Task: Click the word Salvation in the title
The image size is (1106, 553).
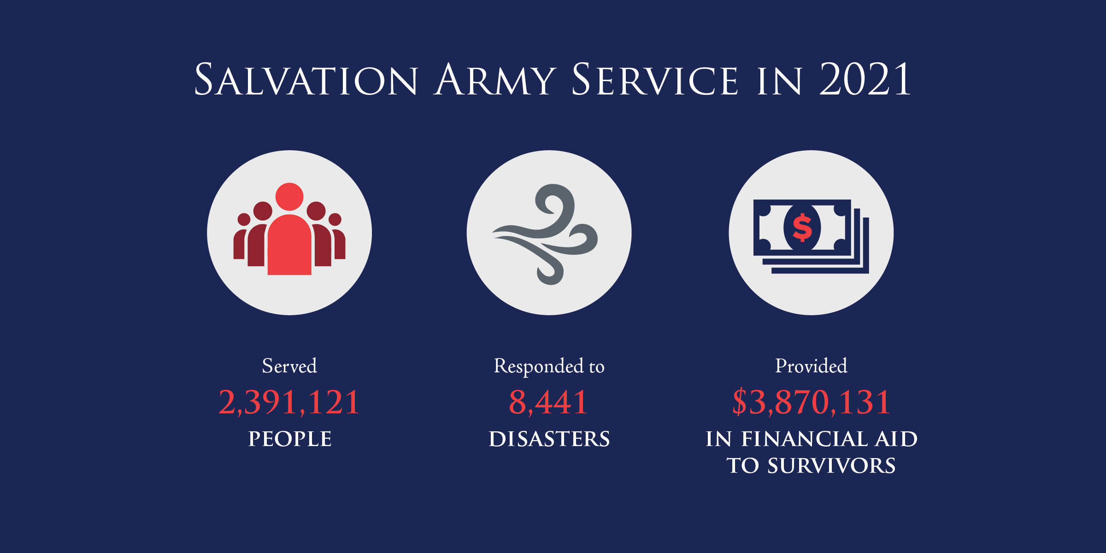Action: click(x=306, y=80)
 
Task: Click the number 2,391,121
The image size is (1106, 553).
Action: click(x=289, y=402)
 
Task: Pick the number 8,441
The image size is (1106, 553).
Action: click(x=548, y=402)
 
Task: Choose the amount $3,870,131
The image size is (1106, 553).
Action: click(x=811, y=402)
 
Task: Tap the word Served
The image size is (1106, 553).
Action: click(x=289, y=366)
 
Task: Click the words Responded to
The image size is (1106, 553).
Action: click(x=549, y=367)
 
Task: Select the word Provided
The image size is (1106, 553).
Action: click(x=811, y=366)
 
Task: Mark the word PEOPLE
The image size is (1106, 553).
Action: click(x=290, y=439)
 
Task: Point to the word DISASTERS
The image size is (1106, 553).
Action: click(x=549, y=439)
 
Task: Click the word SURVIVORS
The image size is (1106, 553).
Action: click(x=831, y=466)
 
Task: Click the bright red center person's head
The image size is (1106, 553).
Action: click(x=289, y=197)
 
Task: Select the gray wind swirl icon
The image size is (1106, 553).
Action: click(x=548, y=233)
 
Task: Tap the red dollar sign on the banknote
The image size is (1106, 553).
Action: click(x=802, y=228)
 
